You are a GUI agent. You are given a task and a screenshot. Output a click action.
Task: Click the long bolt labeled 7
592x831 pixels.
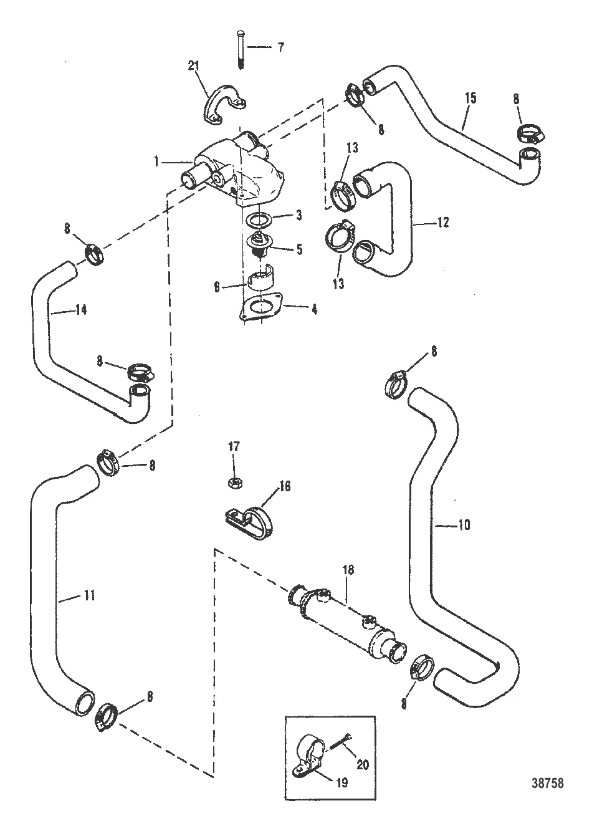240,49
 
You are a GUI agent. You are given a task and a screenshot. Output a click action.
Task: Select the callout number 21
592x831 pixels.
193,66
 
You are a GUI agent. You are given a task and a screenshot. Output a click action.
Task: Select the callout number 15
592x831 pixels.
470,98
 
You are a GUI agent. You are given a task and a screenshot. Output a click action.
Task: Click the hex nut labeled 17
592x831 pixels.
235,483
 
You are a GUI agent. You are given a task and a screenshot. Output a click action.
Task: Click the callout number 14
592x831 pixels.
81,309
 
